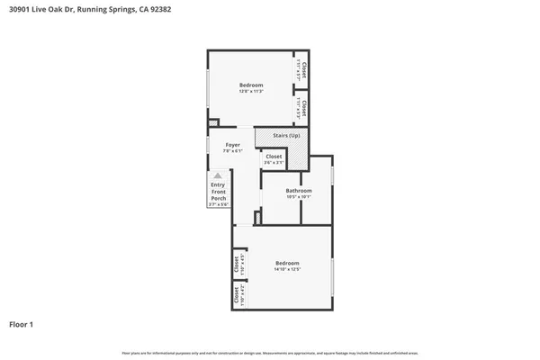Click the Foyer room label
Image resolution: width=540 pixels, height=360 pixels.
tap(232, 145)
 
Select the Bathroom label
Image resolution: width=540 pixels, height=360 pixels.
tap(299, 190)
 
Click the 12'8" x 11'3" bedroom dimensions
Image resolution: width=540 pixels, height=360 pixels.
tap(250, 92)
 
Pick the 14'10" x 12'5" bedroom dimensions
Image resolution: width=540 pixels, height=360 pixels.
tap(287, 269)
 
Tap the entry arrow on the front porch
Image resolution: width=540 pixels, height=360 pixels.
tap(217, 176)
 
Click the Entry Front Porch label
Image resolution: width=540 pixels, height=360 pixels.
tap(218, 192)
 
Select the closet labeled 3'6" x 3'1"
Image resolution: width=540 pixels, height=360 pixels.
tap(274, 159)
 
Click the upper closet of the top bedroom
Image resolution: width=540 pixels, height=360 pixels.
tap(301, 69)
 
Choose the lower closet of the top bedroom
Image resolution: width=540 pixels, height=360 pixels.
tap(301, 109)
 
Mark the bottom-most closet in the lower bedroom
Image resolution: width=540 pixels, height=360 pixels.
tap(238, 294)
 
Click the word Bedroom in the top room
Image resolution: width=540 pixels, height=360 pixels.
tap(250, 85)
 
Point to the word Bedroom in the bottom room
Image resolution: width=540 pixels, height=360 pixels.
tap(287, 262)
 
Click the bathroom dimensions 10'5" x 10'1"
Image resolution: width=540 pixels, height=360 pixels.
tap(299, 196)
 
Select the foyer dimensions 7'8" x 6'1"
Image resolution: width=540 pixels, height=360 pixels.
tap(232, 151)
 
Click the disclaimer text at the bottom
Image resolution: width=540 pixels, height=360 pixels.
tap(270, 352)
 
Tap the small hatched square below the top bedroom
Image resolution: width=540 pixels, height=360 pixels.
tap(213, 123)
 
